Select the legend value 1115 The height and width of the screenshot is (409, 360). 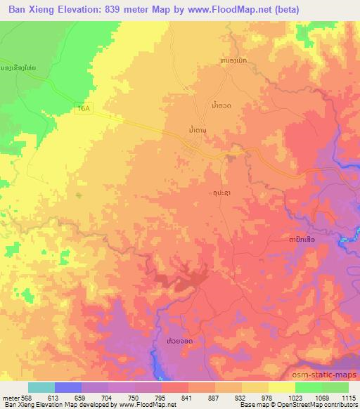point(347,397)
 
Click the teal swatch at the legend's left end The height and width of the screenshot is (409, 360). point(41,387)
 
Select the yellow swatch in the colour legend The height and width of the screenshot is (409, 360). point(282,387)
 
